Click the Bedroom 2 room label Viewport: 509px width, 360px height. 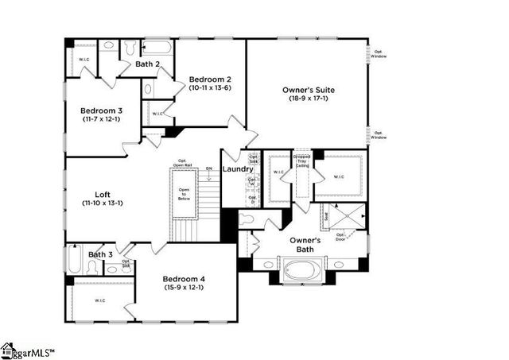pyautogui.click(x=210, y=79)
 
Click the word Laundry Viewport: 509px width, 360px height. pyautogui.click(x=238, y=169)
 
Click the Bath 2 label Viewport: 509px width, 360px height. pyautogui.click(x=148, y=64)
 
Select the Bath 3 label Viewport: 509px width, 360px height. pyautogui.click(x=101, y=254)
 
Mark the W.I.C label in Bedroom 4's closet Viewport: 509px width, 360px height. pyautogui.click(x=100, y=300)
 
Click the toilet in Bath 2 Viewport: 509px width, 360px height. pyautogui.click(x=129, y=48)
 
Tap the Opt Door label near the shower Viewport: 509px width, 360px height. pyautogui.click(x=341, y=235)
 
